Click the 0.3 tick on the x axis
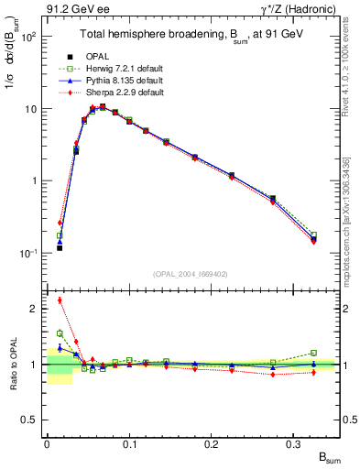pos(294,444)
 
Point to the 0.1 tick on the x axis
pos(129,444)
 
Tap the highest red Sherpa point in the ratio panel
pos(60,300)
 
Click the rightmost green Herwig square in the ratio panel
pos(313,353)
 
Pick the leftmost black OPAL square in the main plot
pos(60,247)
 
